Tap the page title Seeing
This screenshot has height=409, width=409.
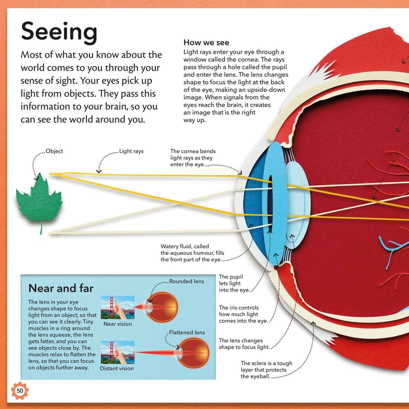pyautogui.click(x=59, y=32)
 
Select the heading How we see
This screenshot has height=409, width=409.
pyautogui.click(x=206, y=43)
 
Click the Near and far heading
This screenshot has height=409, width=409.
pyautogui.click(x=61, y=288)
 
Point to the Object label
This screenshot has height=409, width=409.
pyautogui.click(x=54, y=151)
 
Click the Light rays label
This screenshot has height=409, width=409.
pyautogui.click(x=131, y=151)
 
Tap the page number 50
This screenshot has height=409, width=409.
pyautogui.click(x=20, y=391)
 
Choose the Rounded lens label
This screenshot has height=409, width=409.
pyautogui.click(x=186, y=282)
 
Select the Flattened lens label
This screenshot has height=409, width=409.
pyautogui.click(x=187, y=333)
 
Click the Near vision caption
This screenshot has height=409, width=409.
pyautogui.click(x=118, y=324)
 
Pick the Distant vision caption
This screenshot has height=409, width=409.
pyautogui.click(x=117, y=369)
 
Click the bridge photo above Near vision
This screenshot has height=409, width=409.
pyautogui.click(x=118, y=307)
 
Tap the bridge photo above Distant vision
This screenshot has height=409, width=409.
pyautogui.click(x=118, y=352)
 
